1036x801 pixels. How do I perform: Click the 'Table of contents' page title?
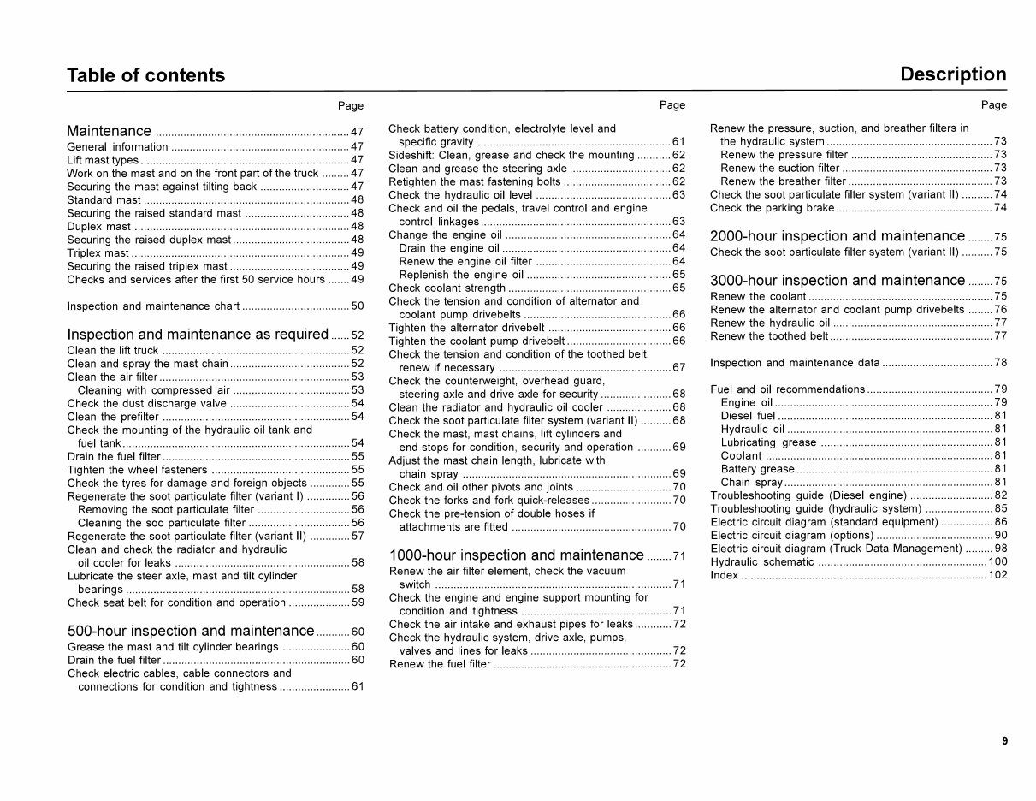[145, 75]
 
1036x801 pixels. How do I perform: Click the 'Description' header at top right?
[953, 74]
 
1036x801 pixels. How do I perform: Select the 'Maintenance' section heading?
[109, 131]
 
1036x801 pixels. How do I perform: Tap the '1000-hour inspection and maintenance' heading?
[516, 555]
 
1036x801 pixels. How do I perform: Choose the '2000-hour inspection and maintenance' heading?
[838, 236]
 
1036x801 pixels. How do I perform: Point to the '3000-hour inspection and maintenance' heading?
[838, 281]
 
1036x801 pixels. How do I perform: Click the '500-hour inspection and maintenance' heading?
[191, 632]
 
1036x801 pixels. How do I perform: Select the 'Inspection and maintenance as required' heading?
[198, 335]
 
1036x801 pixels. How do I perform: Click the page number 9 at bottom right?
[1004, 741]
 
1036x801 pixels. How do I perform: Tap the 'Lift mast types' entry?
[103, 160]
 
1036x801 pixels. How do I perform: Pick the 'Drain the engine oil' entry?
[449, 248]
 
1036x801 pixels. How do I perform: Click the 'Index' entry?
[725, 575]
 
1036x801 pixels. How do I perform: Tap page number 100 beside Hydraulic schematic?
[998, 562]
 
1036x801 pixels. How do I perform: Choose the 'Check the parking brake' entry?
[772, 208]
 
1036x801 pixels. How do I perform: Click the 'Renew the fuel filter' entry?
[440, 664]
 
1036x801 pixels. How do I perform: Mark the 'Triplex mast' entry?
[98, 253]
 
